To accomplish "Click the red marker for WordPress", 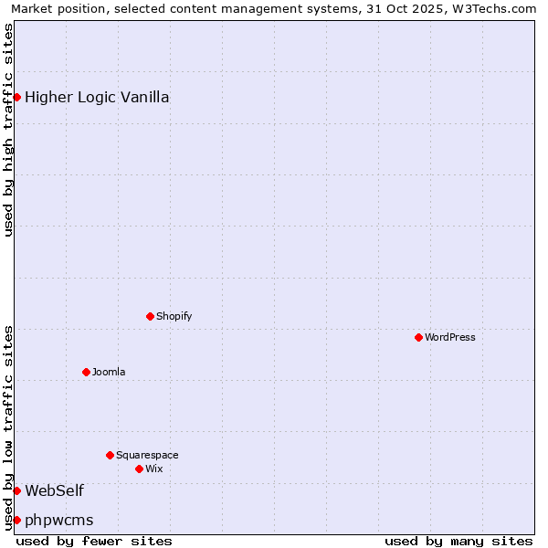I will (x=418, y=337).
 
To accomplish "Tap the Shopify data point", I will (x=150, y=316).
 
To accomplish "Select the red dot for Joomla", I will (x=86, y=372).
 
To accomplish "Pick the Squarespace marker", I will (x=110, y=455).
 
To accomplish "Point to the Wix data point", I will (x=139, y=469).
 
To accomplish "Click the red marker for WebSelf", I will (x=16, y=490).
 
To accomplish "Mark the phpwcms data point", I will (x=16, y=520).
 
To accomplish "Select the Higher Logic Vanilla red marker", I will (x=16, y=97).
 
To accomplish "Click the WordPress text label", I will (x=450, y=337).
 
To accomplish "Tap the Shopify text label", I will (x=174, y=316).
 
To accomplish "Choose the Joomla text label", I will (x=109, y=372).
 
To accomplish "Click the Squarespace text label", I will (x=147, y=455).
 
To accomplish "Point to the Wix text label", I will (x=153, y=469).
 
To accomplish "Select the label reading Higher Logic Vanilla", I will (x=97, y=97).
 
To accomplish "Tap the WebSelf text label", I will (x=54, y=490).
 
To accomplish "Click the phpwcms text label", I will (x=58, y=520).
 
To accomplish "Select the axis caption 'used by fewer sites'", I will (x=94, y=541).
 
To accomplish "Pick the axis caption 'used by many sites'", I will (x=458, y=541).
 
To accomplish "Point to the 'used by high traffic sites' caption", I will (x=9, y=130).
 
